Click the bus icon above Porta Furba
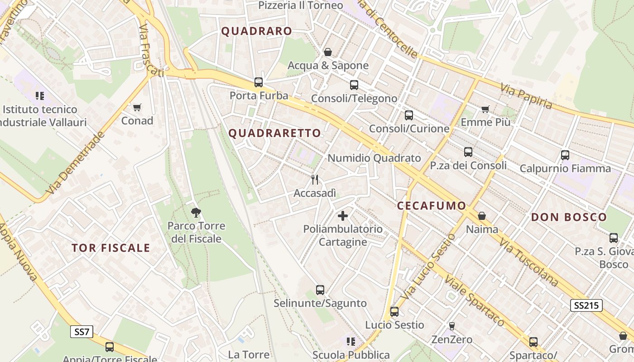tap(259, 82)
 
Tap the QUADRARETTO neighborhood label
tap(275, 133)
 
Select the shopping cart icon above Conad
tap(137, 108)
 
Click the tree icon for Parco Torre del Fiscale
tap(196, 212)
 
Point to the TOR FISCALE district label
tap(111, 248)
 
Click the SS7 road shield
tap(82, 332)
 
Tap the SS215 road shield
tap(586, 305)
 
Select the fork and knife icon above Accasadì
tap(315, 180)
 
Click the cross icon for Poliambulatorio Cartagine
tap(343, 215)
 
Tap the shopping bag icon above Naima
tap(482, 216)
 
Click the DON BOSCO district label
tap(569, 217)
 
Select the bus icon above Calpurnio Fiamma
tap(565, 155)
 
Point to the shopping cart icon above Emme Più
tap(485, 109)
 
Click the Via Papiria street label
tap(527, 96)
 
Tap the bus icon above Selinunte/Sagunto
tap(320, 290)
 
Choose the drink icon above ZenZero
tap(451, 326)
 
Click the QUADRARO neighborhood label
tap(257, 31)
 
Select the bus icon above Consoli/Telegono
tap(354, 85)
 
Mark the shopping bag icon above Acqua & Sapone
tap(328, 52)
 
